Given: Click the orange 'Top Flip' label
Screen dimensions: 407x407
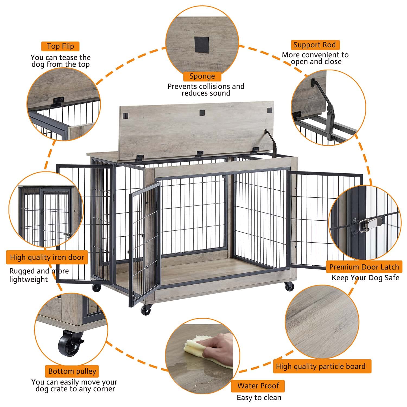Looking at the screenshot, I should point(60,46).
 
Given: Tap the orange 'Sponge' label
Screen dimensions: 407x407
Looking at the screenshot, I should point(202,77).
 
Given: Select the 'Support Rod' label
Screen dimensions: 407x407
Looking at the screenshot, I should point(314,45).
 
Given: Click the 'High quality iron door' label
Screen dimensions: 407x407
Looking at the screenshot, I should point(47,257).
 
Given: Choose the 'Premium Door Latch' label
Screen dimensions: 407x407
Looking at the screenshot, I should point(364,267).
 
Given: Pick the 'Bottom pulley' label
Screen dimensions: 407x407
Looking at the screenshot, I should point(72,371).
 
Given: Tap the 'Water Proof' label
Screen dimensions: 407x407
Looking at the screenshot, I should point(258,386).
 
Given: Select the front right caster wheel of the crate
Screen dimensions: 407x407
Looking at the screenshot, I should point(289,286).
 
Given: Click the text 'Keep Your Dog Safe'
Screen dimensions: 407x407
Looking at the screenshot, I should point(365,278).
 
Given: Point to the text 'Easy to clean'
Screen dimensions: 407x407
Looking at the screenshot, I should point(259,398).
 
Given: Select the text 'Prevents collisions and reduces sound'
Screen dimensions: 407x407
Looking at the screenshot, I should point(206,90).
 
